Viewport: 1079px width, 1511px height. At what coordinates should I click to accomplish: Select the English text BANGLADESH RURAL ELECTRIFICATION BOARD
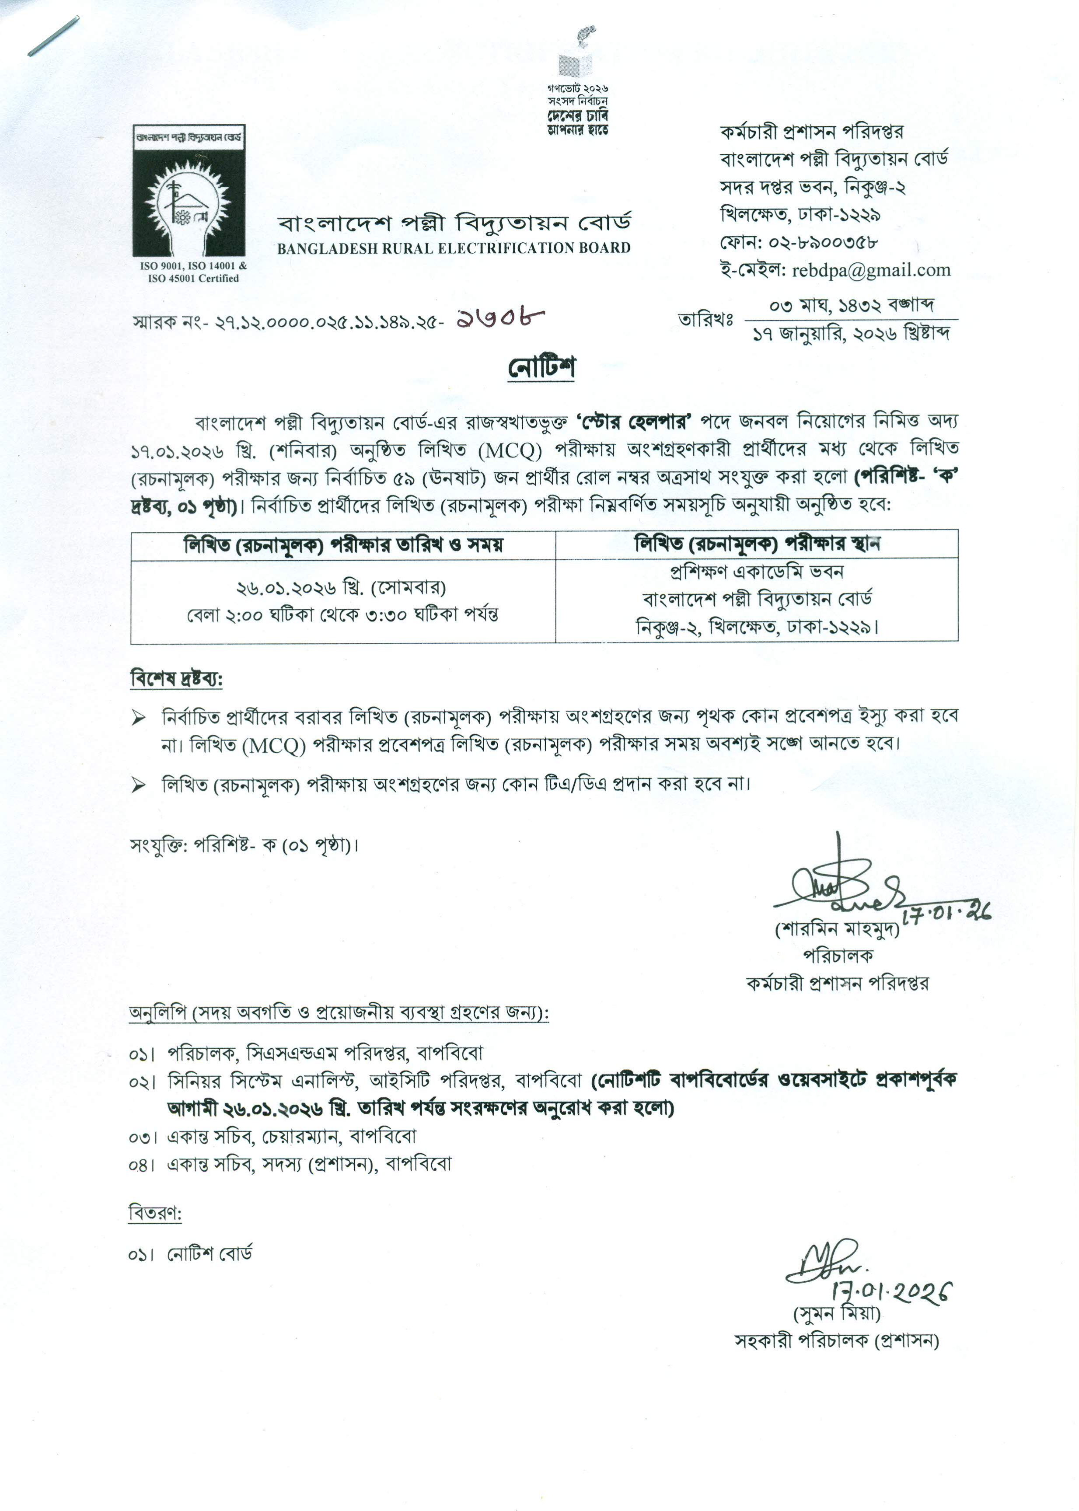click(454, 248)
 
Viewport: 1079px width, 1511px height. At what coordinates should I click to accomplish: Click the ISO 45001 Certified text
click(193, 278)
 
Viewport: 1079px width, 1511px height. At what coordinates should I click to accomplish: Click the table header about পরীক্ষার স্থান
click(756, 544)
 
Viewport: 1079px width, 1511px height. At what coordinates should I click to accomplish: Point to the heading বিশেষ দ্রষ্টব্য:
click(176, 680)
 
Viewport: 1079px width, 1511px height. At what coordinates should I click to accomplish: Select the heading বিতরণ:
click(155, 1213)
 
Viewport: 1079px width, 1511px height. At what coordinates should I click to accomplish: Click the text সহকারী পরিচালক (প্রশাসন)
click(837, 1340)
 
